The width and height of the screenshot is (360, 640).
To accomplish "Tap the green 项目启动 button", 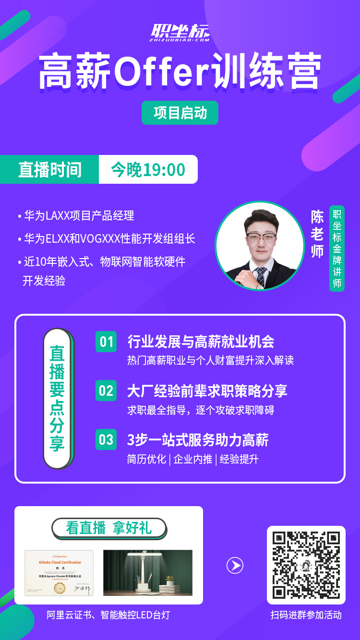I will [x=180, y=113].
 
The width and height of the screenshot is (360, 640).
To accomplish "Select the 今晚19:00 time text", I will [x=148, y=169].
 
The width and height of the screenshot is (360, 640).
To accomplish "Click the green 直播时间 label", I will [x=49, y=169].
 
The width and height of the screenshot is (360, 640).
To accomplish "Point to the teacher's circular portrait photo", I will [x=260, y=246].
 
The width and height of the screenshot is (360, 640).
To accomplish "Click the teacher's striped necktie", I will [x=260, y=276].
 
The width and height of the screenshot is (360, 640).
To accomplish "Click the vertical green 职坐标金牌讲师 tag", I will [x=337, y=249].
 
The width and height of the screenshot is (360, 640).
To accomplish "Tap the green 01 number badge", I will [x=106, y=342].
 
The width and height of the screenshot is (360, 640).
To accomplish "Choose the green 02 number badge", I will [x=106, y=391].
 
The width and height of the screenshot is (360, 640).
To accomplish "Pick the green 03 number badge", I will [x=106, y=439].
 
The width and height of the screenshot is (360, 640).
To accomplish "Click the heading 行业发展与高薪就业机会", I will [x=201, y=342].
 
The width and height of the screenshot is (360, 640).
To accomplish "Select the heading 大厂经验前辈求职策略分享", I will [x=207, y=391].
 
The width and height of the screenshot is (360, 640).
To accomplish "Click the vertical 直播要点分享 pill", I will [x=57, y=399].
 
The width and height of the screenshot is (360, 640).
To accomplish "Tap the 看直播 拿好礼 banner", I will [x=109, y=528].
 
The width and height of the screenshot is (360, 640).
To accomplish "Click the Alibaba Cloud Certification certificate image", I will [x=59, y=573].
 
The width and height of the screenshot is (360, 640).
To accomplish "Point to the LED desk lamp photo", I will [x=148, y=573].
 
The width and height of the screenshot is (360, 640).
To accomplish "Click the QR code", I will [x=306, y=565].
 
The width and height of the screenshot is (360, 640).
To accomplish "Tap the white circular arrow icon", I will [x=235, y=566].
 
